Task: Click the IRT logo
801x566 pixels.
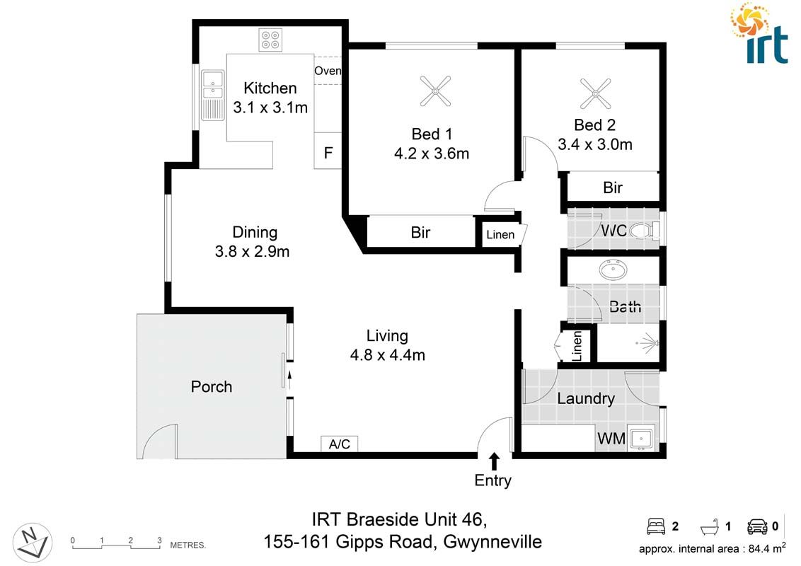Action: click(759, 33)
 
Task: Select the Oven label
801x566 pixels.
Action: click(328, 71)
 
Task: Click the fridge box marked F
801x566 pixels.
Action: click(328, 153)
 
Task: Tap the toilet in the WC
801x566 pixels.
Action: click(642, 230)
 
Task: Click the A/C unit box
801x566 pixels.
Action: click(340, 444)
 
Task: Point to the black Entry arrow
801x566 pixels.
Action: click(494, 461)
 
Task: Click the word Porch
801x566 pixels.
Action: click(212, 387)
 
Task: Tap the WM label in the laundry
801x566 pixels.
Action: click(611, 439)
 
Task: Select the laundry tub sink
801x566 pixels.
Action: click(642, 439)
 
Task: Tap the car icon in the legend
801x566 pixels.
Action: click(756, 526)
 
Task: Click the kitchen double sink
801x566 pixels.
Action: click(212, 93)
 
